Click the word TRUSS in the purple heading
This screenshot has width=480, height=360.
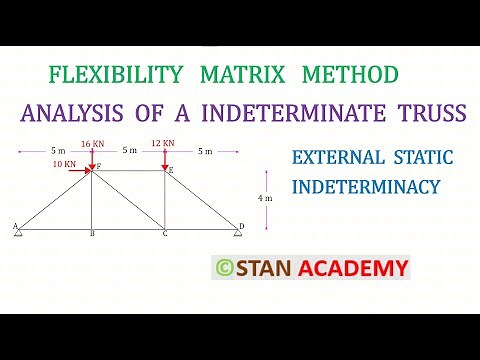(x=432, y=112)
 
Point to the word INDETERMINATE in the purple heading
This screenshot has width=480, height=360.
(x=291, y=112)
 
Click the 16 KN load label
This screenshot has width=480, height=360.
(x=92, y=143)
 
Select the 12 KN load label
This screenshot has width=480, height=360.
(x=164, y=143)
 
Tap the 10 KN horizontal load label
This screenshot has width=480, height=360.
(x=66, y=162)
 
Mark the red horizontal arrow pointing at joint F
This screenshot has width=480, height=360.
(x=78, y=170)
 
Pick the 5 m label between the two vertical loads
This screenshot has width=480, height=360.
(x=128, y=151)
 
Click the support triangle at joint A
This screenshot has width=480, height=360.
(x=19, y=234)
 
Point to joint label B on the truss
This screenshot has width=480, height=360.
(x=92, y=235)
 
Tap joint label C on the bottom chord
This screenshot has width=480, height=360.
(x=165, y=235)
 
